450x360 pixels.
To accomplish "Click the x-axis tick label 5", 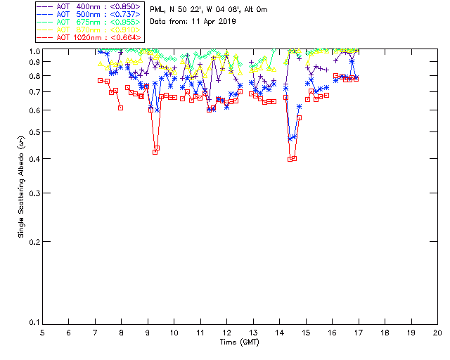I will click(42, 332).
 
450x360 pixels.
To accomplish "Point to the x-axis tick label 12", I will click(226, 332).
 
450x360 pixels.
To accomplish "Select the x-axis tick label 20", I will click(437, 332).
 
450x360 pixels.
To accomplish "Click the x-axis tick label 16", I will click(332, 332).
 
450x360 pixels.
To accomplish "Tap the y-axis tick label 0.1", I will click(34, 323).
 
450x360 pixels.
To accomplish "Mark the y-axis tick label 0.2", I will click(34, 241).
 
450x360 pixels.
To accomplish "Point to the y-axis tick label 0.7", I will click(34, 92).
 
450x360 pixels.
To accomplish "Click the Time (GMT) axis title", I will click(239, 342).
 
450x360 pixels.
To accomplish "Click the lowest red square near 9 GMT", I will click(155, 152).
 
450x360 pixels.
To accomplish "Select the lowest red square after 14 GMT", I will click(290, 159).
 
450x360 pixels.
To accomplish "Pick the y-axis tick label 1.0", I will click(34, 51).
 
